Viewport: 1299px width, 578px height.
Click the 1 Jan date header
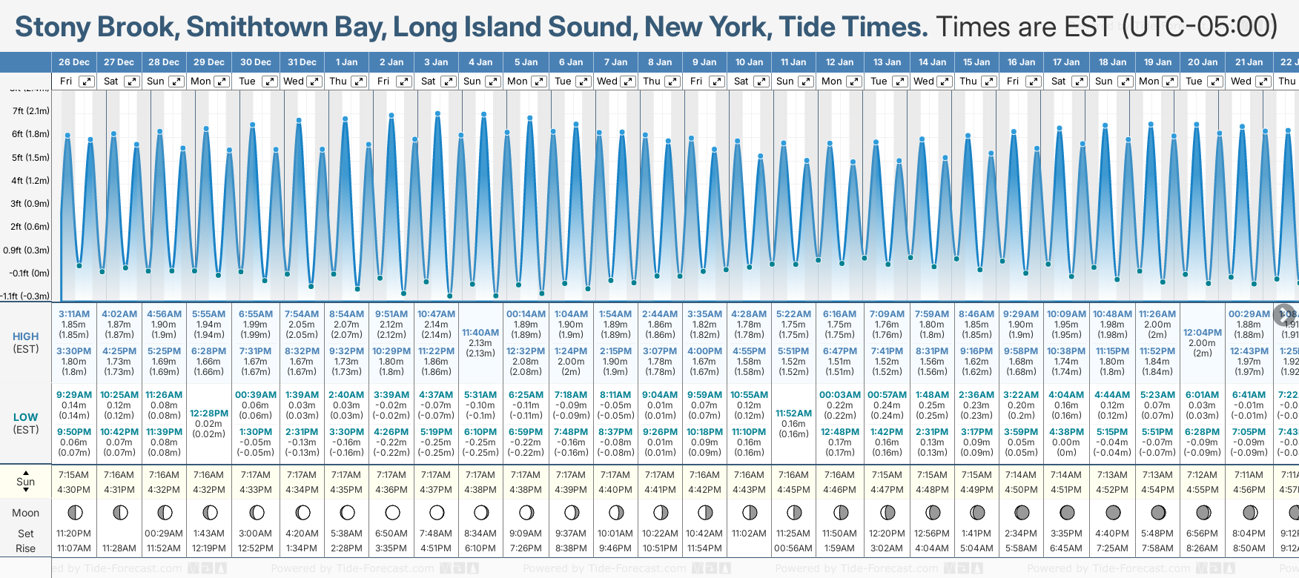click(x=346, y=62)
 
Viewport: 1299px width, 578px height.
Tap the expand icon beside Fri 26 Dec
click(x=87, y=82)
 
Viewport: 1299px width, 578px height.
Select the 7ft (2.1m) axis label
click(x=31, y=111)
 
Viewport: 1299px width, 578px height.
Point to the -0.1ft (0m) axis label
click(x=30, y=273)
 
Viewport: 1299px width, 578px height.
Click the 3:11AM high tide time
click(x=74, y=314)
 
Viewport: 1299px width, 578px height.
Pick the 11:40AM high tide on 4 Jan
click(x=480, y=333)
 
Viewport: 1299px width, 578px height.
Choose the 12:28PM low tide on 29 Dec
click(x=209, y=413)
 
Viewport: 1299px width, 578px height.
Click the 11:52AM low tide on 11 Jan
click(x=793, y=413)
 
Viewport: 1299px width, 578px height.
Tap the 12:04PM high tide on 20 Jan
click(x=1202, y=333)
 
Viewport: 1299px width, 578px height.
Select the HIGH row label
click(x=26, y=336)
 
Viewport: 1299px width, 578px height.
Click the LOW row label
click(x=26, y=417)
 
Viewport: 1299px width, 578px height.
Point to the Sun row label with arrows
click(x=26, y=482)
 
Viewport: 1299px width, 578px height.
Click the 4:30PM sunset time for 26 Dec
click(x=74, y=490)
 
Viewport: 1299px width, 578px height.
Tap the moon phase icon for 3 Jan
click(x=437, y=512)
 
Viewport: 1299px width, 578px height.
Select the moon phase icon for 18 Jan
click(x=1113, y=512)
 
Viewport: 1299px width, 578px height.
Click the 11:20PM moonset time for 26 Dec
click(x=74, y=534)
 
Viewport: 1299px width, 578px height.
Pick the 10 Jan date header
click(x=749, y=62)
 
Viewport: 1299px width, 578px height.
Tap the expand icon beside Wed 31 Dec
click(x=314, y=82)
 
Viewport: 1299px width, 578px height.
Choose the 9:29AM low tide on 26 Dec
click(x=74, y=395)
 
